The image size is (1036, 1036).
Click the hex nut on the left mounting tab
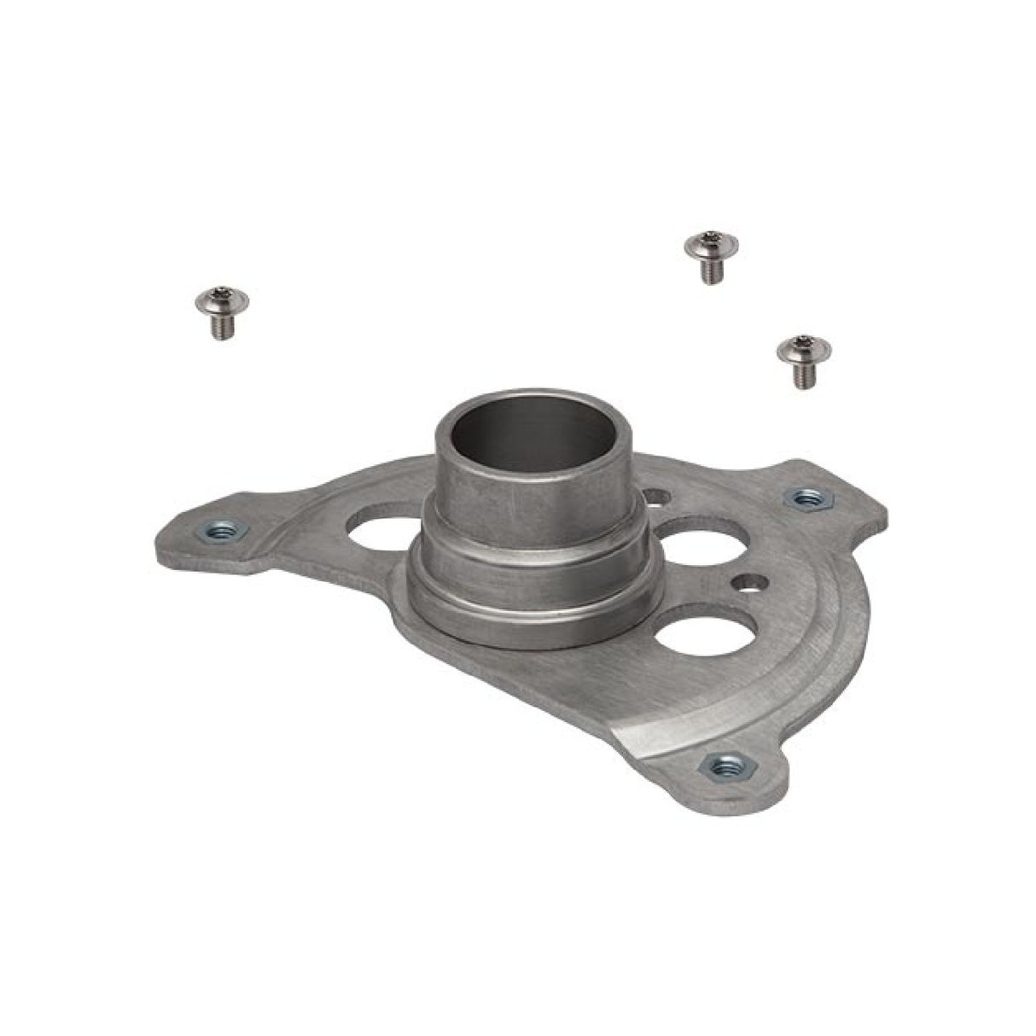tap(218, 532)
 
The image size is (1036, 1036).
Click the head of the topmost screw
tap(710, 245)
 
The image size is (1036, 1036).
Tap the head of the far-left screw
tap(221, 299)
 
